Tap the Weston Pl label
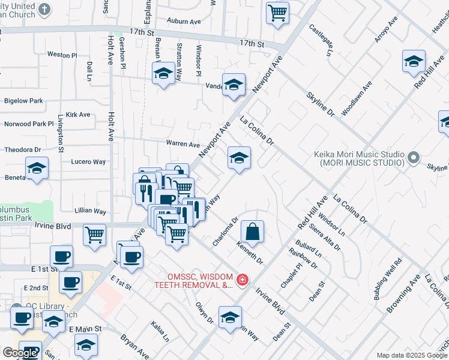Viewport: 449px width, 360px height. [x=62, y=55]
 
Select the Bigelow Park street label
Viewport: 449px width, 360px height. [x=23, y=101]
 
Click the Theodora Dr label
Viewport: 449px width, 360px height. [x=22, y=149]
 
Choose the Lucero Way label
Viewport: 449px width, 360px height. [x=88, y=162]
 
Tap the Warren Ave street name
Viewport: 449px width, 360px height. [x=182, y=145]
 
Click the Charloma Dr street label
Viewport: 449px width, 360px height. [x=226, y=232]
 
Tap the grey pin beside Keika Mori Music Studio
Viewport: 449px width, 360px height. [x=413, y=158]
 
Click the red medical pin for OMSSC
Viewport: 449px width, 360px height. [x=242, y=280]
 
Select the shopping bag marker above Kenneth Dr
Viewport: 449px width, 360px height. [x=253, y=231]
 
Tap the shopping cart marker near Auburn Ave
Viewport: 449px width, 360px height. [x=277, y=12]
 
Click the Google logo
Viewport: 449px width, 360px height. [x=20, y=353]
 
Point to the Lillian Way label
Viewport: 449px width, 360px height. [x=90, y=212]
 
